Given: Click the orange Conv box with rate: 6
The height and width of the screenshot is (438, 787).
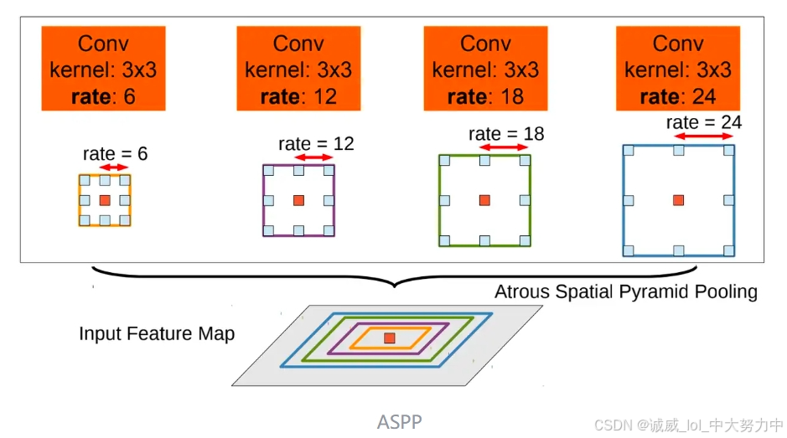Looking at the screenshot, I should (103, 69).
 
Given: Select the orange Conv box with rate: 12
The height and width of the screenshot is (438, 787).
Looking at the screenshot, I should (298, 69).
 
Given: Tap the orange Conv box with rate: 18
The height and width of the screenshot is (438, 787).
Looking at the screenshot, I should (485, 69).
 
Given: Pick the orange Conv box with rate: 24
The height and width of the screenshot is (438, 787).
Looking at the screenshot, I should (678, 69).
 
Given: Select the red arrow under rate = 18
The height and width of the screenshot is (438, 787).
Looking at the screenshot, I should (503, 147).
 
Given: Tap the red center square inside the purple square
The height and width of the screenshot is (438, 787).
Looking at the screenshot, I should (298, 200).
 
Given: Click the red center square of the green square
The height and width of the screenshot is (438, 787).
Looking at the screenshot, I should (484, 200).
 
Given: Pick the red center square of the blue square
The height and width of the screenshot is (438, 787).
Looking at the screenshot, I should (678, 200).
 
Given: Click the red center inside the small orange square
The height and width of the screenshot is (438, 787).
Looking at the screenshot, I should (104, 200).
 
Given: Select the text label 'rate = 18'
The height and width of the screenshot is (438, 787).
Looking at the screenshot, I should (505, 134).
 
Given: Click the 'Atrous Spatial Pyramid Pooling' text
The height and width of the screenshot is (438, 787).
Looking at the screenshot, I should (625, 292).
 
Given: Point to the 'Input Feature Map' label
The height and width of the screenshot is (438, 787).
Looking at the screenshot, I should (157, 333).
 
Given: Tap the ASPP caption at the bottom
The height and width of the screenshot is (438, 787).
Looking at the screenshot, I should (399, 421).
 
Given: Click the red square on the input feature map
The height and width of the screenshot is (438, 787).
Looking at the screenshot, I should (389, 338).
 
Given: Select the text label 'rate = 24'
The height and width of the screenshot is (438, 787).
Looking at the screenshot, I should (704, 122).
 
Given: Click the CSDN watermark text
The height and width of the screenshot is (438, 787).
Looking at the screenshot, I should (688, 425).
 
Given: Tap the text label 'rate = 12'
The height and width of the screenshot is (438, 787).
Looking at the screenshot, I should (316, 144).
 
